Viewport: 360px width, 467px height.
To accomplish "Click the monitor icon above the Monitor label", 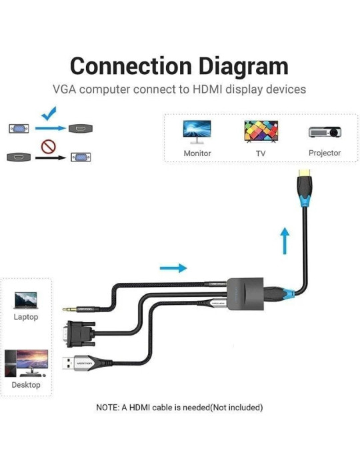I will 197,130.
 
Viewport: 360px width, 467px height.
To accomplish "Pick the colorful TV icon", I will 261,131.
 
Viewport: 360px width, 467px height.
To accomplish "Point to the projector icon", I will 325,131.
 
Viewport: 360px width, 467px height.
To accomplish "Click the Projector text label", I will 325,153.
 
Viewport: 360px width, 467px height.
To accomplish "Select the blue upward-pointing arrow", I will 285,241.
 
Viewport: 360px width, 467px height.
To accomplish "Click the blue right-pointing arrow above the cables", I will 173,268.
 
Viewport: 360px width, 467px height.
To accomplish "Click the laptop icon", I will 26,300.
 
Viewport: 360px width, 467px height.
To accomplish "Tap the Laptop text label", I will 26,317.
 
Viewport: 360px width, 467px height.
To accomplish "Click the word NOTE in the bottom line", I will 108,407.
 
